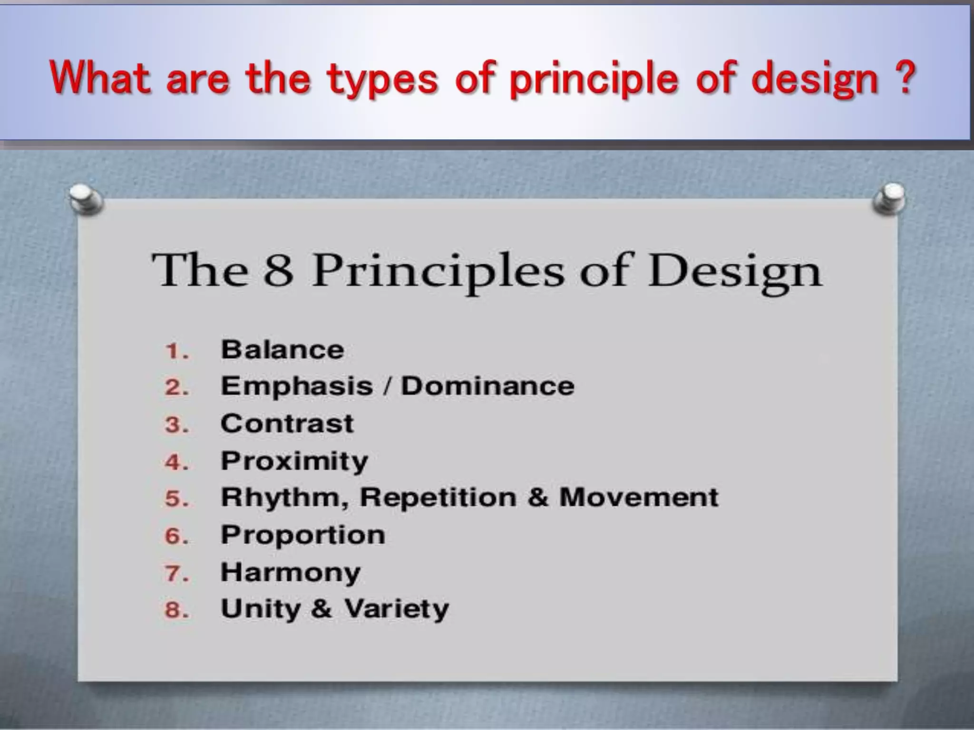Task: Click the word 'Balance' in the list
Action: click(x=282, y=350)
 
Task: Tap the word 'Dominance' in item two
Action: click(x=487, y=386)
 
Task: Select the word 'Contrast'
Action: click(x=287, y=423)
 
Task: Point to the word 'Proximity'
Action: click(x=294, y=461)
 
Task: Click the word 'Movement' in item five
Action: click(x=638, y=497)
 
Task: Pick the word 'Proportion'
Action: click(x=303, y=535)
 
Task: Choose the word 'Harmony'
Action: click(x=291, y=572)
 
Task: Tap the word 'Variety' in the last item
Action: click(x=397, y=609)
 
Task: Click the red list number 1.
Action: click(x=175, y=352)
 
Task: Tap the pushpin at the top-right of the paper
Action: click(x=889, y=199)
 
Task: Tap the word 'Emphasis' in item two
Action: click(x=297, y=386)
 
